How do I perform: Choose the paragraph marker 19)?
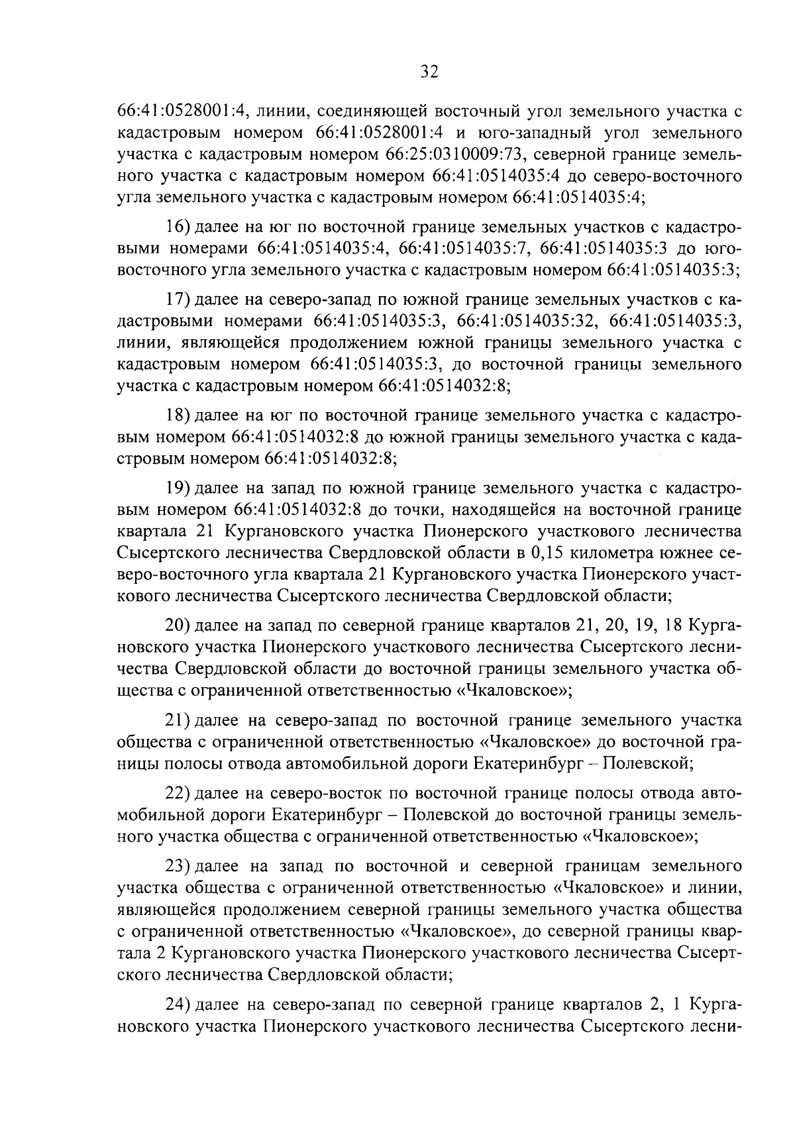(x=179, y=489)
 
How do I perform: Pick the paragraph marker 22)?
(x=179, y=794)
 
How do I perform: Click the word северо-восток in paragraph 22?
(x=320, y=794)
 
